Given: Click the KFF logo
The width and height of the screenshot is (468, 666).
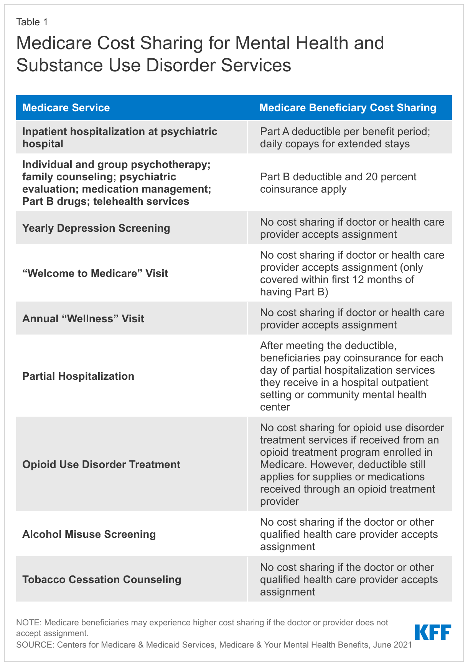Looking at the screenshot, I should point(433,633).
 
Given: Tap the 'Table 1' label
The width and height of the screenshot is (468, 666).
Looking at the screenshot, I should point(32,22).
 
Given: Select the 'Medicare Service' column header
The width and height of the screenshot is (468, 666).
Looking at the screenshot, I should point(66,108).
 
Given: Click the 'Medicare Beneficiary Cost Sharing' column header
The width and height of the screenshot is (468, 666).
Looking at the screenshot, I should point(348,108).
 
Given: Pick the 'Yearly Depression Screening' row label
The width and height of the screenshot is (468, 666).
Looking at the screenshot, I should point(96,228).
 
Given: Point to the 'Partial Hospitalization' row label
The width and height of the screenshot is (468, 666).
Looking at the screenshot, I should point(78,376).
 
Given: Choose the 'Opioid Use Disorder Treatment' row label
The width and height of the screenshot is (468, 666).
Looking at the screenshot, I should point(101,464).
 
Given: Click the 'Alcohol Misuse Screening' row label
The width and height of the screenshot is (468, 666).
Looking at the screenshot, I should point(89,534).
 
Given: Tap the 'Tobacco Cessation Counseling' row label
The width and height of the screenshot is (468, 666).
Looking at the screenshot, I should point(102,579).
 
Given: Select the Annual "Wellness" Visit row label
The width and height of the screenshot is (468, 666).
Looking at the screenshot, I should point(83,318).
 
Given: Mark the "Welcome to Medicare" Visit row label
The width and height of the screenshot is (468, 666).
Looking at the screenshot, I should point(95,273).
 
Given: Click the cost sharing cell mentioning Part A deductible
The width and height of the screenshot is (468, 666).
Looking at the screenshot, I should point(345,137).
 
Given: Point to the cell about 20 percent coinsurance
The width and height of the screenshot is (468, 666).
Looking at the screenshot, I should point(338,183).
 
